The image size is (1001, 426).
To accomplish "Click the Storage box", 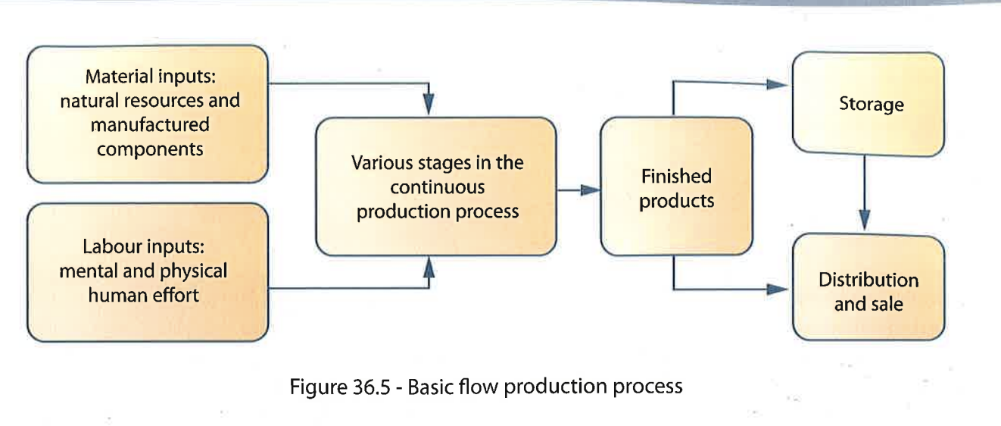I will tap(868, 103).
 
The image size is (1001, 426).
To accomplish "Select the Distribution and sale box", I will tap(868, 291).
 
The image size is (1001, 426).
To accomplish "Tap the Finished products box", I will tap(676, 189).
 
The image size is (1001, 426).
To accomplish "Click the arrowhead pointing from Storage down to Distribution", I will tap(865, 221).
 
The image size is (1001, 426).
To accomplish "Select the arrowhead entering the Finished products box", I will tap(591, 190).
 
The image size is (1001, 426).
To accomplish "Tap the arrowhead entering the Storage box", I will tap(781, 83).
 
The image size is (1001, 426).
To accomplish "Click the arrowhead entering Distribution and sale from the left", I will tap(781, 289).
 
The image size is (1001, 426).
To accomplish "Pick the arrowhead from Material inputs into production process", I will tap(429, 108).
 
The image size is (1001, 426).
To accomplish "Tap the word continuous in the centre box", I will tap(438, 187).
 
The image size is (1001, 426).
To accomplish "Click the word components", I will tap(150, 149).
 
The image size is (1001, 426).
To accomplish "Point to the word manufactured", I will tap(150, 124).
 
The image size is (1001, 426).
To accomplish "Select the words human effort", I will tap(144, 295).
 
